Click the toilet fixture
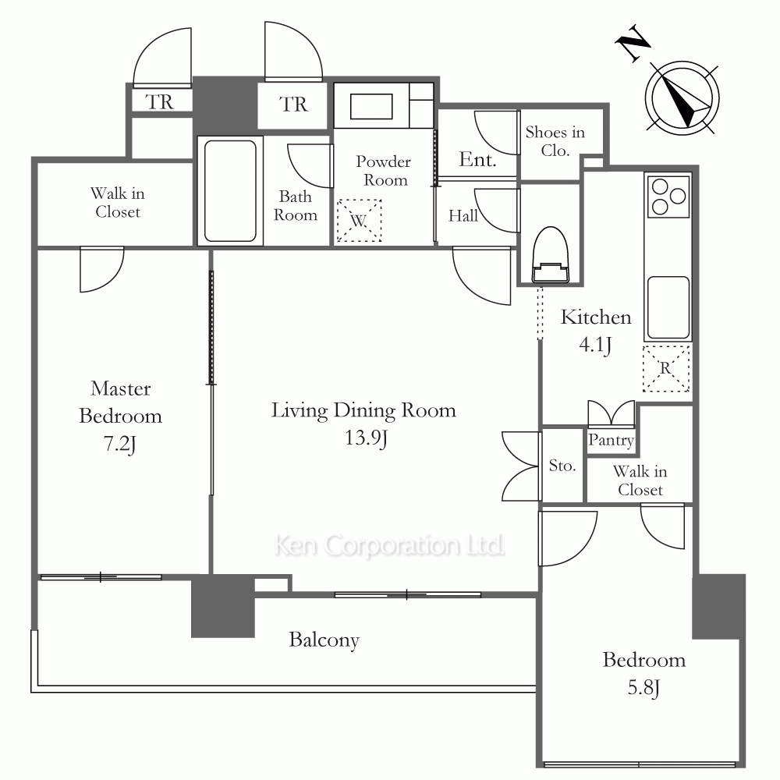[550, 255]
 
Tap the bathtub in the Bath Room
[230, 191]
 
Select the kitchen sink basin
[668, 307]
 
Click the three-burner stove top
[668, 197]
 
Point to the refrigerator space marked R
[667, 368]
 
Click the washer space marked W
[359, 221]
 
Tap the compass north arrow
[684, 99]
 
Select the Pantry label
[611, 440]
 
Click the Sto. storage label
[562, 466]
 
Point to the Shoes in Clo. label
[555, 140]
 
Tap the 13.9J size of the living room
[367, 438]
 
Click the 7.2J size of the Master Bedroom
[120, 443]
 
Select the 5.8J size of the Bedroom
[643, 687]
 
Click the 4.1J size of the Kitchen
[595, 344]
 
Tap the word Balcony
[324, 640]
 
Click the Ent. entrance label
[477, 159]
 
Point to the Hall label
[463, 215]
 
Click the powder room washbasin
[371, 107]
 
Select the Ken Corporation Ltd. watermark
[389, 545]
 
